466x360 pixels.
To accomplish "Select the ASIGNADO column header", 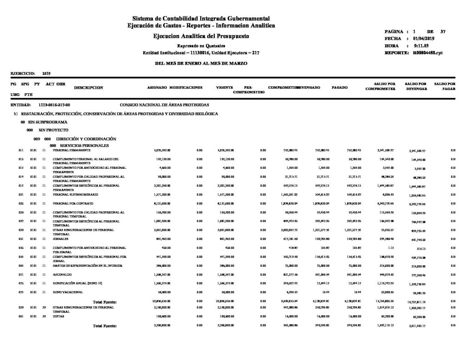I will tap(157, 86).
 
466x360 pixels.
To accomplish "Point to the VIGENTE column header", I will tap(225, 86).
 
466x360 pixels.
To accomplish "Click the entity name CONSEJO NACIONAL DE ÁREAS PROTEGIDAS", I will tap(164, 105).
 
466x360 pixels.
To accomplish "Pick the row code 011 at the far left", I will tap(21, 150).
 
